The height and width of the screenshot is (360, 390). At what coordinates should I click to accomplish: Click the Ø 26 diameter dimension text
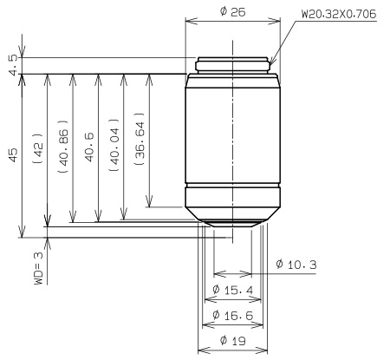pos(231,11)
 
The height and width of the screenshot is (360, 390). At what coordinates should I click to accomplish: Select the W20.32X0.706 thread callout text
pos(338,15)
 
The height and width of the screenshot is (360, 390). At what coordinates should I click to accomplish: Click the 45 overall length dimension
pos(11,154)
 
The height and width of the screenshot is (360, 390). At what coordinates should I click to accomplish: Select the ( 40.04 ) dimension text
pos(114,146)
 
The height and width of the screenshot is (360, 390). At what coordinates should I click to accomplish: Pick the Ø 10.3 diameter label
pos(295,264)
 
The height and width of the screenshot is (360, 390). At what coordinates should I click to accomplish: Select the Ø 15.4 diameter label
pos(231,289)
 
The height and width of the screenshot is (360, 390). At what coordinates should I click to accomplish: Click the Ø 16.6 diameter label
pos(231,316)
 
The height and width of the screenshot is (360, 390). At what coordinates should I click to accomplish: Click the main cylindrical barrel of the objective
pos(231,130)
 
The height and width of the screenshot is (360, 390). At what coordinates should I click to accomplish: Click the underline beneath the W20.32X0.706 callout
pos(338,23)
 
